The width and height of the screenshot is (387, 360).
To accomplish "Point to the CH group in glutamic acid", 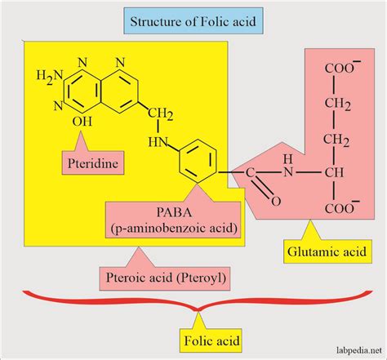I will [x=333, y=173].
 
